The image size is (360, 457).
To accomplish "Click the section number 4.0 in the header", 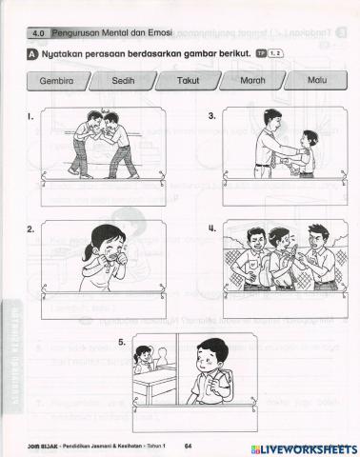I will click(39, 32).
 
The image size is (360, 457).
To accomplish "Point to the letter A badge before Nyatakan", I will click(32, 55).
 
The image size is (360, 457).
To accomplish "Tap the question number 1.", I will click(31, 118).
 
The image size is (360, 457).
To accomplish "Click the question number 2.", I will click(31, 229).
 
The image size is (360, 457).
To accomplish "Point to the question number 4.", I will click(211, 229).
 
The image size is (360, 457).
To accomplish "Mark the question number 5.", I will click(122, 341).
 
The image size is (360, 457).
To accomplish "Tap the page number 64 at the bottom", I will click(189, 446).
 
